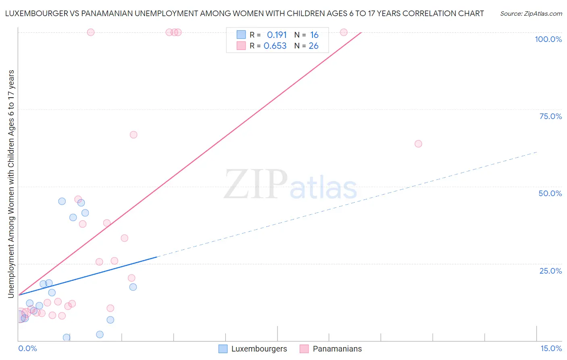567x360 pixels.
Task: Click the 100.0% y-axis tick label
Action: pos(548,39)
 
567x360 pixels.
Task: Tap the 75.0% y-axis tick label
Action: pos(550,116)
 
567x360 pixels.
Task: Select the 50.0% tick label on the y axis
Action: pos(550,193)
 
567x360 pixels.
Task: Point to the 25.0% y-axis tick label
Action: pos(550,271)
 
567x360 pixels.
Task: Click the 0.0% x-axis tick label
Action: pos(27,348)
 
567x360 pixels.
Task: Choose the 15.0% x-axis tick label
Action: pos(551,348)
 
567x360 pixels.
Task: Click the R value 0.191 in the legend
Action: pos(277,35)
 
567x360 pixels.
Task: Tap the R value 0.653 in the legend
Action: pos(275,46)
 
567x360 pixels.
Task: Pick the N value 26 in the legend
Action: pos(313,46)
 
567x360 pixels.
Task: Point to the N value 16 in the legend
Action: pos(314,35)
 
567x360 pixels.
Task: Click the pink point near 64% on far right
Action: pos(418,144)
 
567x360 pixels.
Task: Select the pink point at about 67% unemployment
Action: pos(133,135)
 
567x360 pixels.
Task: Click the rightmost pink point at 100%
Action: pos(344,32)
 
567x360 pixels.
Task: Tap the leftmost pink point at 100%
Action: pos(91,32)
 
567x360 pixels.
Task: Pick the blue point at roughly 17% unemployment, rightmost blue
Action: pos(133,287)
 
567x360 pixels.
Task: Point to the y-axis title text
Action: pos(11,184)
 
